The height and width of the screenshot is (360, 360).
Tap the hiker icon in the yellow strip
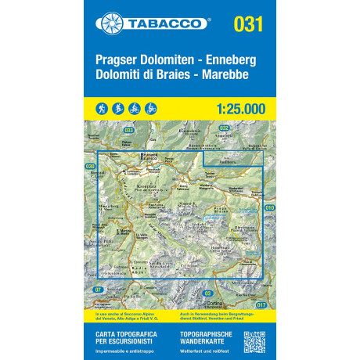pos(101,106)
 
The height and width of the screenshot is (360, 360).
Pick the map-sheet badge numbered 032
pos(224,127)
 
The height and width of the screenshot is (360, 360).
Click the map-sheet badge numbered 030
pos(89,167)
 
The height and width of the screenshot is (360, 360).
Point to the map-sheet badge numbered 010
pos(270,207)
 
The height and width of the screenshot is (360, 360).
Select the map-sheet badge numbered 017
pos(261,304)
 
